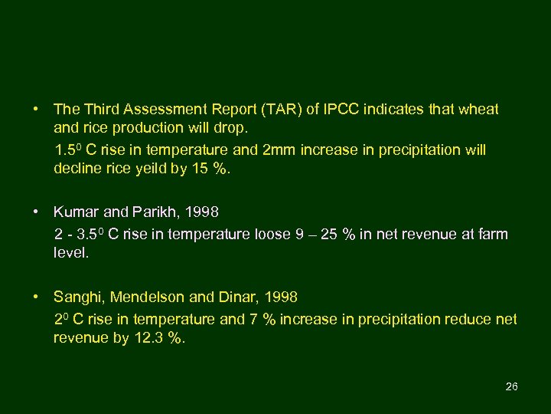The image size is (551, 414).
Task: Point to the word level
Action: pyautogui.click(x=70, y=252)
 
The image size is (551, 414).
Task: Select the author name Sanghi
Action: pyautogui.click(x=77, y=296)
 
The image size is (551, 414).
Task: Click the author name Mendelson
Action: pyautogui.click(x=145, y=296)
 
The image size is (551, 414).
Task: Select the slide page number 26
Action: pyautogui.click(x=512, y=386)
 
